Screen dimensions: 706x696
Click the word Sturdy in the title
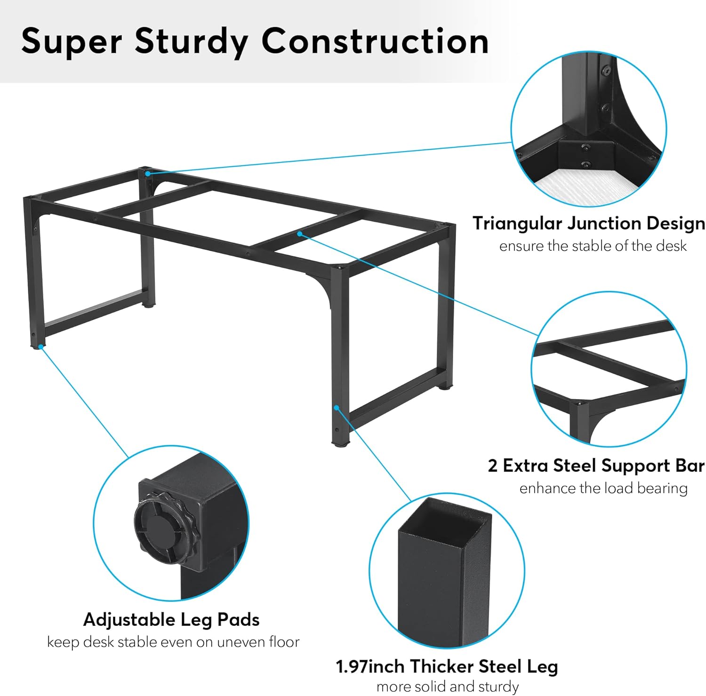coord(191,41)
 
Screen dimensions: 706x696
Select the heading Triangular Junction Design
coord(589,224)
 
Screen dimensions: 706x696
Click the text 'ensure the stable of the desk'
coord(593,246)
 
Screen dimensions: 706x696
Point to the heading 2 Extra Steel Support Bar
coord(596,466)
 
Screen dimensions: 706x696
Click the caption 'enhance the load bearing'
coord(603,488)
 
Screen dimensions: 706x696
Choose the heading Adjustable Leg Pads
coord(171,620)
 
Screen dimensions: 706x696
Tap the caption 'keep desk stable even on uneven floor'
coord(173,642)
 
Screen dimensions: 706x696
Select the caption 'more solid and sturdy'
coord(448,687)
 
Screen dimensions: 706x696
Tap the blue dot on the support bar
coord(299,233)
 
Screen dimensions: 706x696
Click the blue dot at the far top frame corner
coord(147,174)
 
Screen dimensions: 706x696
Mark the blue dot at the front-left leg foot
coord(41,346)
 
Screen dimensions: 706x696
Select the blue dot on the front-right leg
coord(336,408)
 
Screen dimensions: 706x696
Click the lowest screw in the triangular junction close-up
coord(586,164)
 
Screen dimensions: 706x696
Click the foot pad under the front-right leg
coord(340,443)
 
